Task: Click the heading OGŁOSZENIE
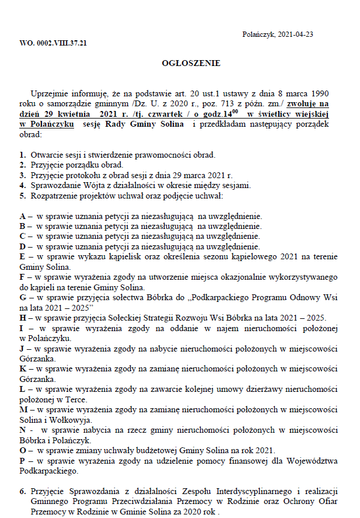(191, 63)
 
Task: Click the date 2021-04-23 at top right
(296, 34)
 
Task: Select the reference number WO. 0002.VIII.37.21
(53, 43)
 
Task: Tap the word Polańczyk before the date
(258, 34)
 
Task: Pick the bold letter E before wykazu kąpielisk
(22, 256)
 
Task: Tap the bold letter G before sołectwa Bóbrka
(22, 297)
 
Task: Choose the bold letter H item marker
(22, 317)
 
